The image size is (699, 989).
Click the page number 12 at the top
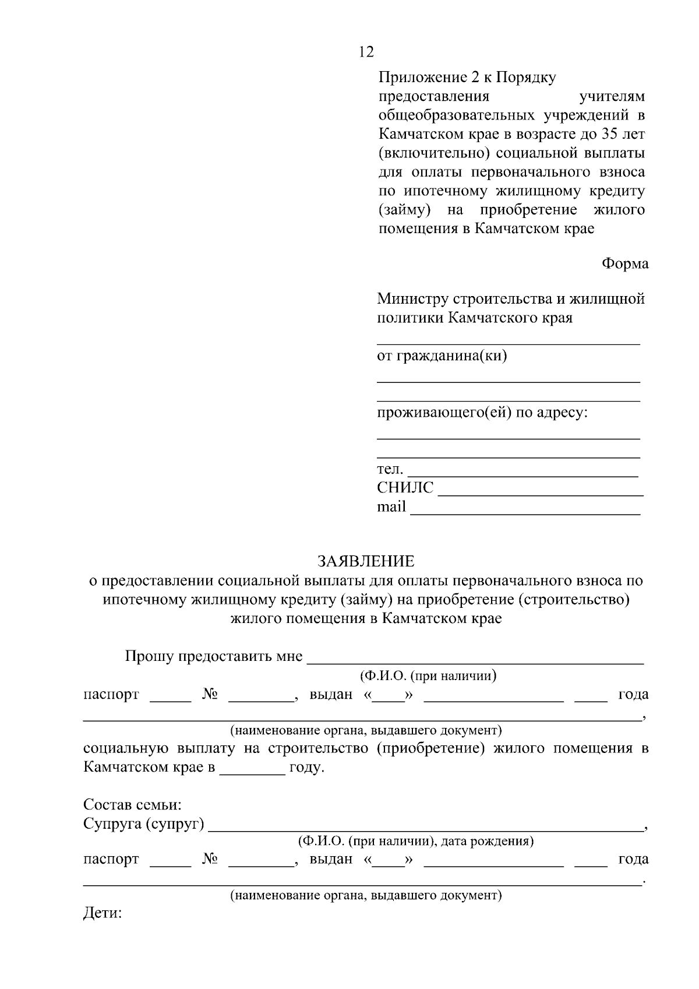[366, 52]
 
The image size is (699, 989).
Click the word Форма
[624, 263]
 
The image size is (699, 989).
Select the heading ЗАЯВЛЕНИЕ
[366, 561]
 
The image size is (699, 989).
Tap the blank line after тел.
[522, 475]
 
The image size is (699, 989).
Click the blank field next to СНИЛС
[540, 494]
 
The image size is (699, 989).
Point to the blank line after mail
[525, 513]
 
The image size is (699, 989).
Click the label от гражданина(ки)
[442, 356]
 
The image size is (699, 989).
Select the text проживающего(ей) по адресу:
[482, 413]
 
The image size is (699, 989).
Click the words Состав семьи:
[133, 805]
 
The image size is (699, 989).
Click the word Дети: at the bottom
[103, 913]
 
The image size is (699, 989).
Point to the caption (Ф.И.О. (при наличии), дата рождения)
[416, 841]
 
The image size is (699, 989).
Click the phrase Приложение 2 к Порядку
[467, 77]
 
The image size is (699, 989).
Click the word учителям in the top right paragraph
[611, 96]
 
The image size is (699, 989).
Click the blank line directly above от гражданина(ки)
[508, 343]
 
